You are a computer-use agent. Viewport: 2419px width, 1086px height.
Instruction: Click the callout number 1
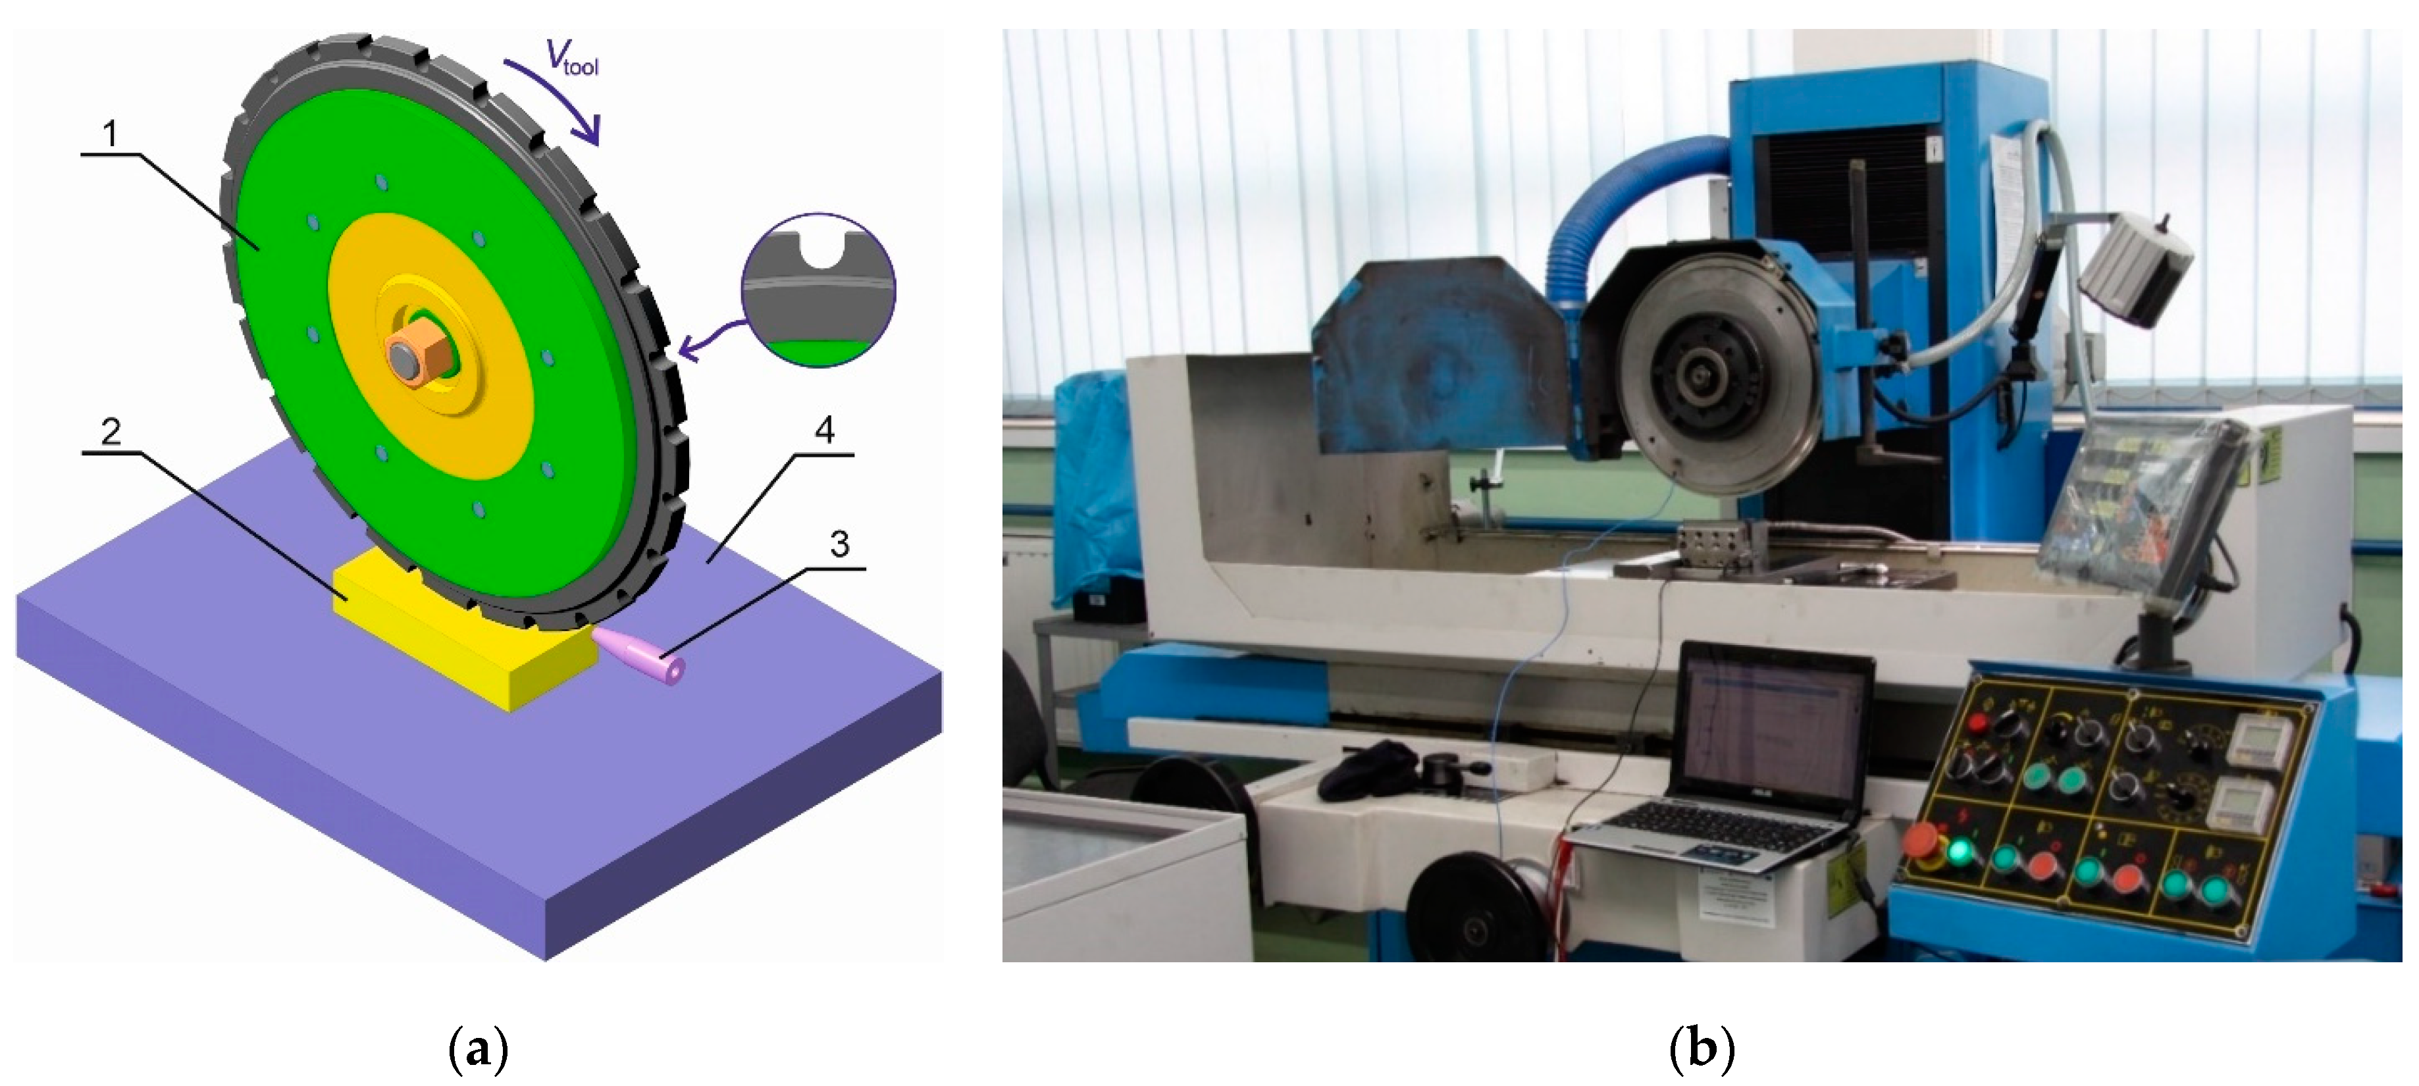(x=111, y=134)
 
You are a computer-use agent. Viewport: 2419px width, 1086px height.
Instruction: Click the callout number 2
(x=111, y=432)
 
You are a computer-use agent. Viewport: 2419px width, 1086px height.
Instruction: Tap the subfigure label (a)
(x=479, y=1049)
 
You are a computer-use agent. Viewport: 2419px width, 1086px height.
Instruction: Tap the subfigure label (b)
(x=1702, y=1049)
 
